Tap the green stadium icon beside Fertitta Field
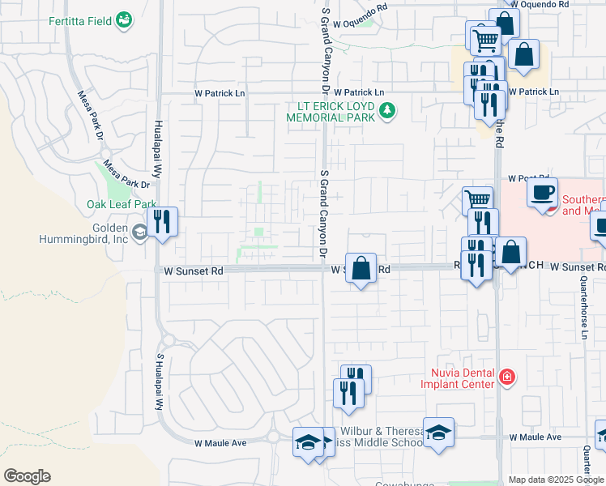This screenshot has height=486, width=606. (x=124, y=19)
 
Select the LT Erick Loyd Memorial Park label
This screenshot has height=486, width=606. (x=331, y=112)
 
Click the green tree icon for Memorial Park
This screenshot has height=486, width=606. (x=387, y=110)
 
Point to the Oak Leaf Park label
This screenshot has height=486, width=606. (x=122, y=205)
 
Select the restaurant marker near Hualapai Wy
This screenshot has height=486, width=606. (x=163, y=222)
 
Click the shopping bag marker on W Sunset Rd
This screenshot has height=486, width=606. (x=361, y=268)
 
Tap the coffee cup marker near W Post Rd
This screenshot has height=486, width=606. (x=542, y=193)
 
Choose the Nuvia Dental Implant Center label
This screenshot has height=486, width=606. (x=457, y=377)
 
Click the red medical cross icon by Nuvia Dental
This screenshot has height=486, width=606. (x=506, y=377)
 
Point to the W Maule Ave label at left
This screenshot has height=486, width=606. (x=220, y=443)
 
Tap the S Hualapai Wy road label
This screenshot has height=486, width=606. (x=160, y=381)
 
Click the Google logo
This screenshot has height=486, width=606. (x=27, y=476)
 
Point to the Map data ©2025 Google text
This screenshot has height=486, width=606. (x=555, y=480)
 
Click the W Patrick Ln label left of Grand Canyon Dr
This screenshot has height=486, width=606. (x=219, y=93)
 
